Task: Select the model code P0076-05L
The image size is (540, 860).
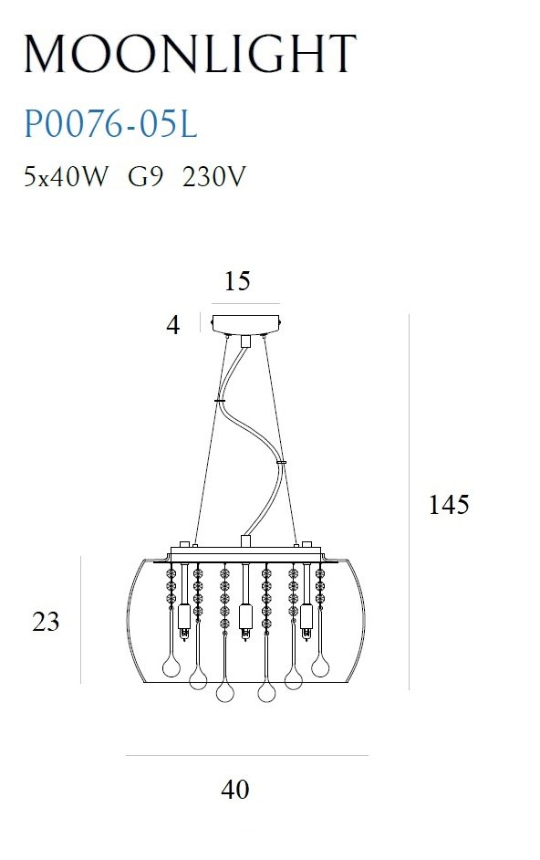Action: point(110,124)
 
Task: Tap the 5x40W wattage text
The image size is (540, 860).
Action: point(66,176)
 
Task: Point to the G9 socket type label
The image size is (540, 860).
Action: point(145,176)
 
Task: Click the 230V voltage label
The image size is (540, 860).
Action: point(213,176)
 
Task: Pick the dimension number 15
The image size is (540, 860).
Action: point(237,281)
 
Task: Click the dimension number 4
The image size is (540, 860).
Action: point(173,325)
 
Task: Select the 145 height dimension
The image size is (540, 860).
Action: point(449,504)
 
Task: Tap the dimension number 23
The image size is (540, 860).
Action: point(46,622)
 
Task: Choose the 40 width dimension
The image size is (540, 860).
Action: point(235,789)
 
